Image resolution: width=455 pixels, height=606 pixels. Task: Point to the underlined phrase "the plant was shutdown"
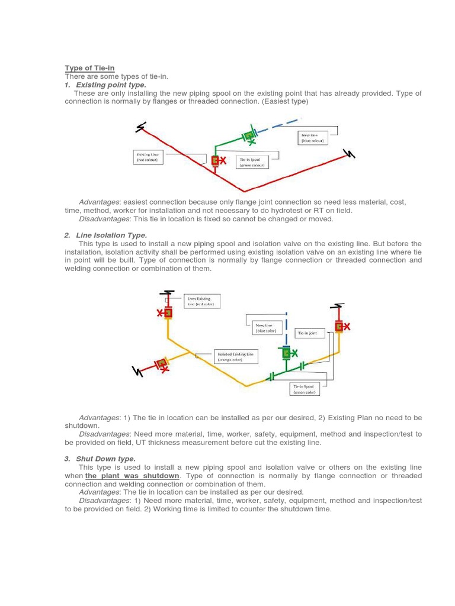132,476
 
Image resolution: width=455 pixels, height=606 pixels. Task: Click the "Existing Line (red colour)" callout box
147,157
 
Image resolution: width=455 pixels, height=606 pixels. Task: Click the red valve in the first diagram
215,160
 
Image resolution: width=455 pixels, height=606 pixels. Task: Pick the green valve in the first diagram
249,136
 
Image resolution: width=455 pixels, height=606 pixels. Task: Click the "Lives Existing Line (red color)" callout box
201,301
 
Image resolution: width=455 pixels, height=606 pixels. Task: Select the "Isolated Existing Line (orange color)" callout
236,356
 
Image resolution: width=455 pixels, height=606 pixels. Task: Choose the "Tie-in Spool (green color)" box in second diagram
305,389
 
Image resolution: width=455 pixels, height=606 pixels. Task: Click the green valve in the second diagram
286,353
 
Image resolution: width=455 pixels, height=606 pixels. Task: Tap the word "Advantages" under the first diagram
98,202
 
